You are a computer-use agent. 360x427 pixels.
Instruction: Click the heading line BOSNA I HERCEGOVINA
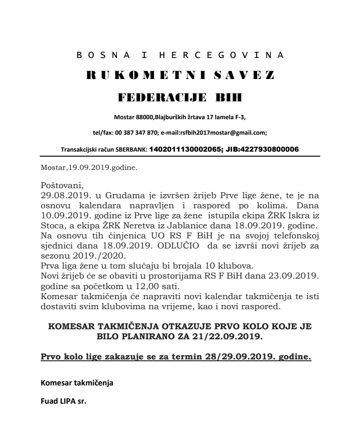(x=180, y=55)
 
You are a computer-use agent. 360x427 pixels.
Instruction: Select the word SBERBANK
(x=130, y=149)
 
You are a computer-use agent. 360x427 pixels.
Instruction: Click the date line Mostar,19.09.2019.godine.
(x=89, y=167)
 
